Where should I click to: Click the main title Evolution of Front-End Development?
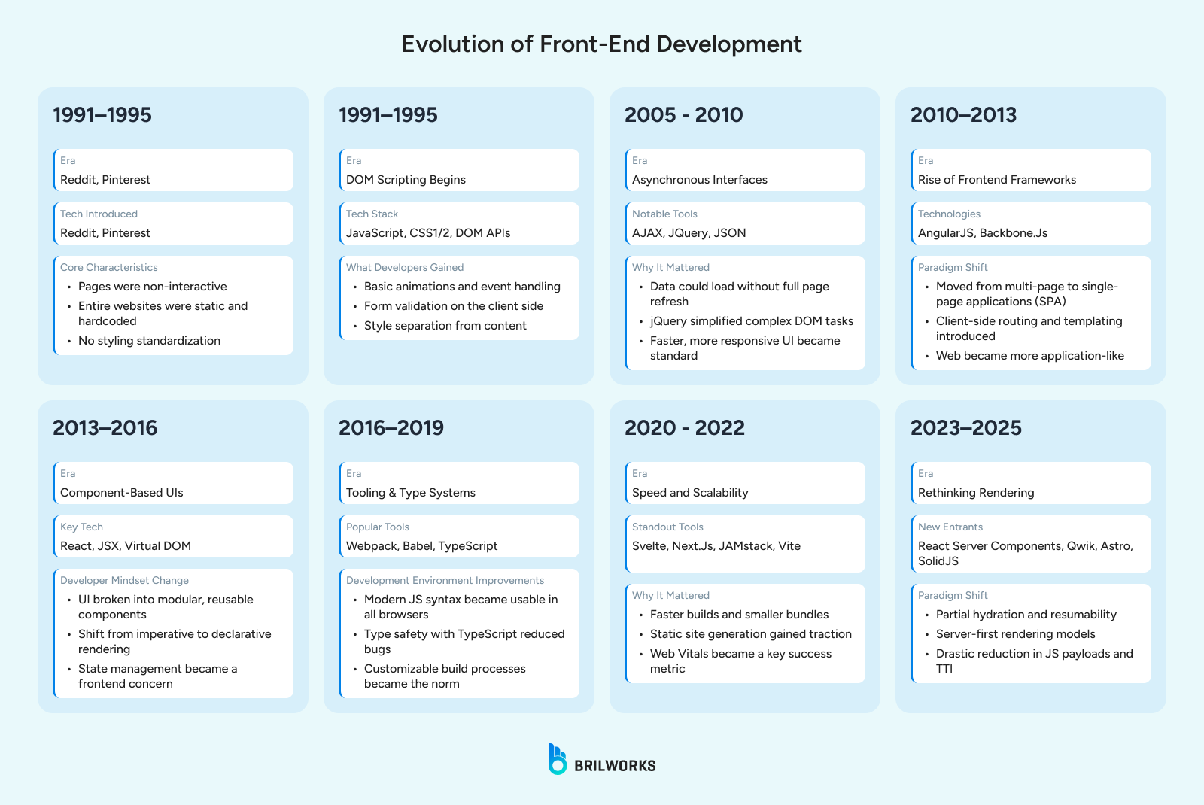(x=601, y=44)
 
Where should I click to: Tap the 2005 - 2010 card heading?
(x=683, y=115)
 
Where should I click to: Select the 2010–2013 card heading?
(x=963, y=115)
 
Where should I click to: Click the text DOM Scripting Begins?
(x=406, y=180)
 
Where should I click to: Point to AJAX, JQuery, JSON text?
(x=689, y=233)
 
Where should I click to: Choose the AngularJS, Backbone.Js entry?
(x=982, y=233)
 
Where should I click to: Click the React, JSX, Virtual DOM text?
(x=126, y=546)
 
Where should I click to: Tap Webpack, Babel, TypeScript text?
(x=421, y=546)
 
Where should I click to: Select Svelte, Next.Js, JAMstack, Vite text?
(x=716, y=546)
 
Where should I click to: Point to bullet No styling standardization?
(x=149, y=341)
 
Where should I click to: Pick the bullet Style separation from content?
(x=445, y=326)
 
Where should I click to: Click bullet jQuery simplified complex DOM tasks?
(x=751, y=321)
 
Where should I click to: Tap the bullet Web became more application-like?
(x=1029, y=356)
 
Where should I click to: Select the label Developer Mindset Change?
(x=124, y=581)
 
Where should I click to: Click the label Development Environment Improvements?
(x=445, y=581)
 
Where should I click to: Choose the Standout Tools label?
(x=667, y=527)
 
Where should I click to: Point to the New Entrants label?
(x=950, y=527)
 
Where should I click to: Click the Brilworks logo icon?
(x=557, y=759)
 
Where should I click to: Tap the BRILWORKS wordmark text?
(x=615, y=766)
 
